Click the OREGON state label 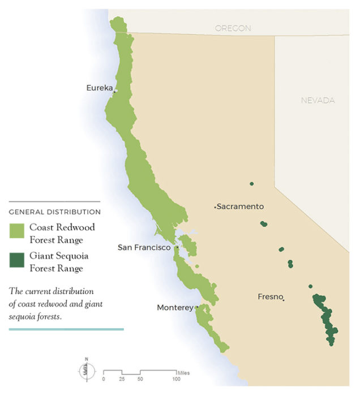pyautogui.click(x=233, y=28)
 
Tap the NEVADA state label pyautogui.click(x=318, y=100)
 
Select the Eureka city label pyautogui.click(x=99, y=88)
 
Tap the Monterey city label pyautogui.click(x=175, y=307)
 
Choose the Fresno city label pyautogui.click(x=269, y=296)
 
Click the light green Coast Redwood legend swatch pyautogui.click(x=16, y=231)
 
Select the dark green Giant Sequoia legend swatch pyautogui.click(x=16, y=260)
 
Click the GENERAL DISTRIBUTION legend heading pyautogui.click(x=55, y=212)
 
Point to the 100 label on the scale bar pyautogui.click(x=177, y=378)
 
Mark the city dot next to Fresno pyautogui.click(x=283, y=300)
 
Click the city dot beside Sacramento pyautogui.click(x=215, y=208)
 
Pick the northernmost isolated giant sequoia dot pyautogui.click(x=251, y=184)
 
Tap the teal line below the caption pyautogui.click(x=66, y=329)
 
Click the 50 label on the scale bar pyautogui.click(x=140, y=378)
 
